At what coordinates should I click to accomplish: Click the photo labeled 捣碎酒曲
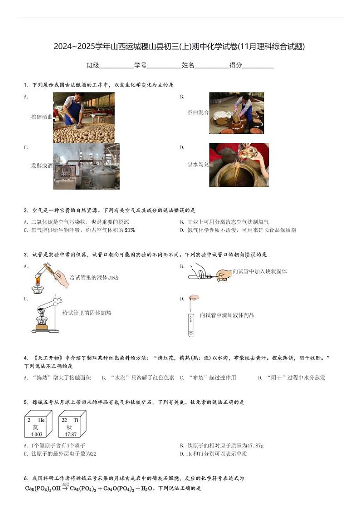point(83,118)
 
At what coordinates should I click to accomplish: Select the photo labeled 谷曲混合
point(236,113)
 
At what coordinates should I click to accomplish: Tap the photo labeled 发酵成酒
point(86,166)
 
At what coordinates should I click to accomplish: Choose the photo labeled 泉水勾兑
point(239,165)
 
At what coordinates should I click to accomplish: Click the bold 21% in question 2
point(130,230)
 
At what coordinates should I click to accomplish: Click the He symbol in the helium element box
point(41,420)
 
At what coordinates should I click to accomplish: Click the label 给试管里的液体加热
point(94,277)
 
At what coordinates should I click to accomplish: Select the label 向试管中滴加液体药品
point(227,315)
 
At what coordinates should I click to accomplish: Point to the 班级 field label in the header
point(92,65)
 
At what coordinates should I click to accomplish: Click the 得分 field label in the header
point(236,65)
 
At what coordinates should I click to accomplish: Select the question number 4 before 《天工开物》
point(25,358)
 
